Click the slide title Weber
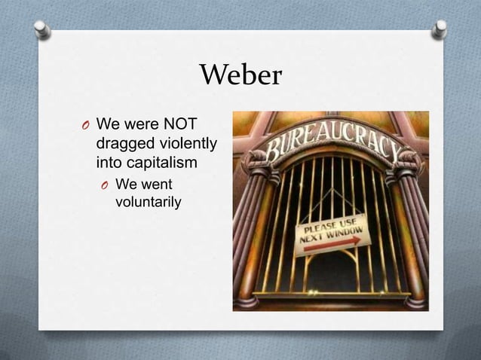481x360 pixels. [x=240, y=75]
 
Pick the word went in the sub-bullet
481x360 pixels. [x=158, y=183]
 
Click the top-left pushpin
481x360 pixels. [x=43, y=29]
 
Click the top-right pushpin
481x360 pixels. [x=440, y=29]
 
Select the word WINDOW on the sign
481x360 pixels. [x=348, y=229]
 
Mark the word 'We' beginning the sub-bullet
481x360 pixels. [x=125, y=183]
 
